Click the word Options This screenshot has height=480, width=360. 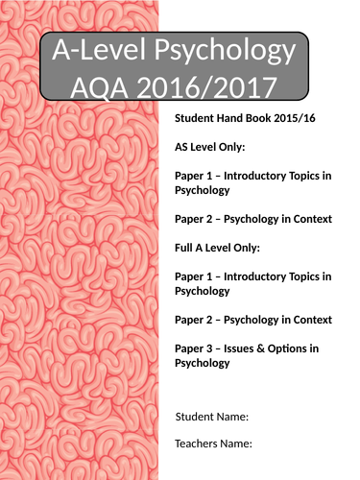coord(298,348)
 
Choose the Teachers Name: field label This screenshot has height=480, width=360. coord(213,444)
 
